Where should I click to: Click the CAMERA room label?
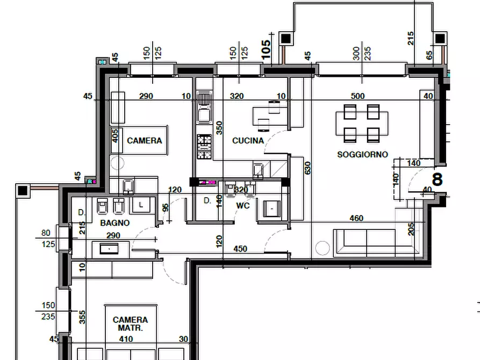[144, 141]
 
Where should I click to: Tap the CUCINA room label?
[248, 141]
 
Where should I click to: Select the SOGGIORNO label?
[362, 155]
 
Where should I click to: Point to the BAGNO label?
[115, 223]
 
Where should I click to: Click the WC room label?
[243, 206]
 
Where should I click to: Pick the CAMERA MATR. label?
[131, 324]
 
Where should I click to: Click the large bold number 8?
[438, 179]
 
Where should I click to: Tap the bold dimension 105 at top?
[266, 49]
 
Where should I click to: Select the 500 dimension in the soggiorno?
[357, 96]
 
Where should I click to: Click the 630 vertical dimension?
[307, 168]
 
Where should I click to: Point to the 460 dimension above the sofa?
[356, 218]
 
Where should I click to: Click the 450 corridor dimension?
[240, 249]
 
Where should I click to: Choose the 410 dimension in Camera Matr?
[126, 339]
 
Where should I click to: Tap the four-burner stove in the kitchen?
[204, 147]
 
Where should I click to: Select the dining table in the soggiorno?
[362, 124]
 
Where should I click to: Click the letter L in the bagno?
[141, 205]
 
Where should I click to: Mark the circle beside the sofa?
[323, 248]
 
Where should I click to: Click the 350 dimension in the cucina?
[219, 128]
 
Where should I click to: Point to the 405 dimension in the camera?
[115, 136]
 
